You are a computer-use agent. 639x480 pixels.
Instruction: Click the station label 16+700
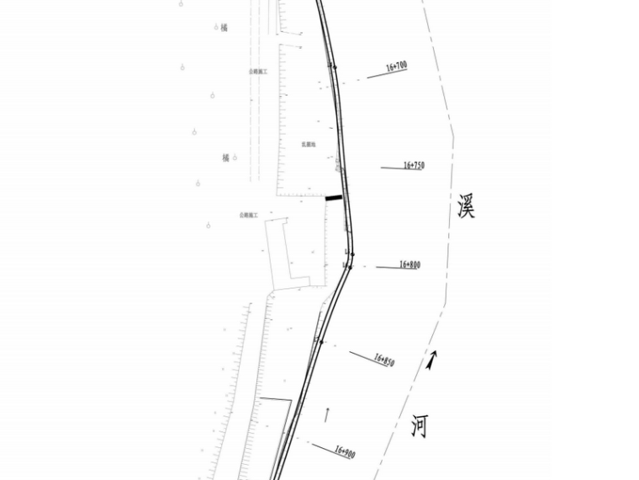[396, 66]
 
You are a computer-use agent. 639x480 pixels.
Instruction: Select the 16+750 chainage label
[414, 166]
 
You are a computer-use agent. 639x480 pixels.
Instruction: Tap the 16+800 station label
[409, 264]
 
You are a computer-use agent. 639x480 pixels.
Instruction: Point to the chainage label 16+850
[384, 360]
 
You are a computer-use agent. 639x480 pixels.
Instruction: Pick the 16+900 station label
[345, 452]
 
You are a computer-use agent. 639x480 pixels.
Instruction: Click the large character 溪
[466, 207]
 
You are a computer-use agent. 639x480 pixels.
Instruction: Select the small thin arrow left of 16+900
[326, 415]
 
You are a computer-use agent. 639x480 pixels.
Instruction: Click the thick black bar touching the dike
[334, 198]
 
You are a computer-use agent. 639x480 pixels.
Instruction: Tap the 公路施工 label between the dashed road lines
[257, 72]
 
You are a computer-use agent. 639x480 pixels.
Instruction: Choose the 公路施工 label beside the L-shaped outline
[250, 216]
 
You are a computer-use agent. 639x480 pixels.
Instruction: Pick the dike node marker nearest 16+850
[319, 341]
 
